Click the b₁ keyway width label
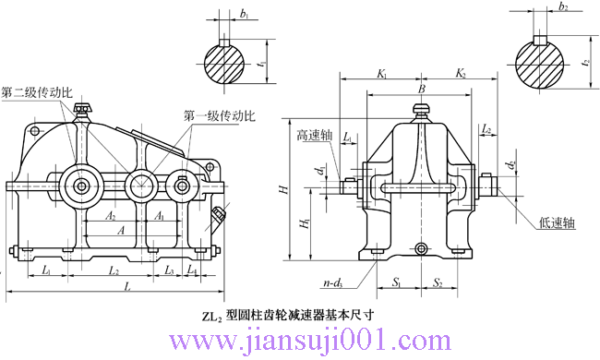(244, 16)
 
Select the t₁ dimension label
(264, 66)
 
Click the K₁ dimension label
(380, 72)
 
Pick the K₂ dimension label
(461, 72)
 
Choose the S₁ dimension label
(395, 282)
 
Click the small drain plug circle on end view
(421, 249)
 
